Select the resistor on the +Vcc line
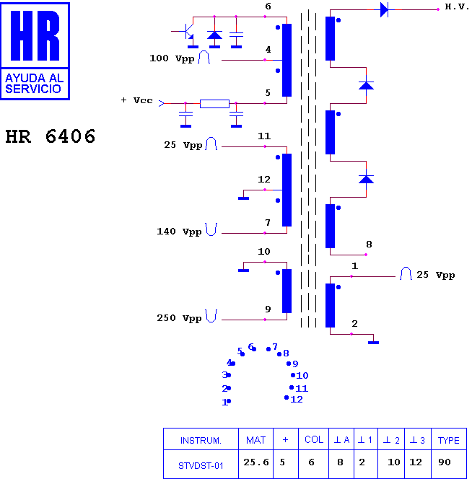pos(214,104)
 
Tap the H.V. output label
pos(457,6)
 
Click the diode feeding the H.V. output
pos(384,9)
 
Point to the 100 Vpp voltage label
pos(172,58)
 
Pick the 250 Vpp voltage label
pos(179,318)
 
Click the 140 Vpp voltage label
pos(179,232)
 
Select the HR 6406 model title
pos(51,136)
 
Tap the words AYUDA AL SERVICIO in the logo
pos(34,84)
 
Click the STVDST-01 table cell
pos(201,465)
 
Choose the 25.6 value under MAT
pos(256,462)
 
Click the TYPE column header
pos(448,440)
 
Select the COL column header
pos(314,439)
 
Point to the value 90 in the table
pos(444,462)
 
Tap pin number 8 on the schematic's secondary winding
pos(369,244)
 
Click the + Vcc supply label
pos(136,100)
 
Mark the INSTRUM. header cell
pos(201,441)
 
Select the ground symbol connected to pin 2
pos(373,343)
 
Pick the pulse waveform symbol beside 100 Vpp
pos(204,57)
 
